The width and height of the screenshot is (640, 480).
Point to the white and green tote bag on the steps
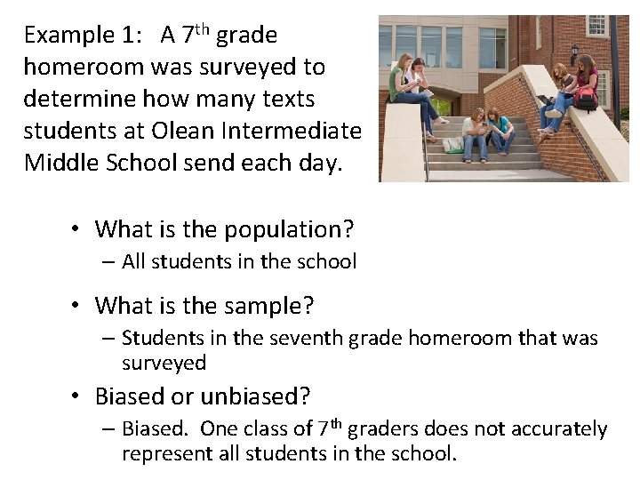[x=453, y=143]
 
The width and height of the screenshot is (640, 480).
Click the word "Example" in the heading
[x=61, y=36]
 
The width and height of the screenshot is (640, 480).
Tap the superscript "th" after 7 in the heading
[x=202, y=29]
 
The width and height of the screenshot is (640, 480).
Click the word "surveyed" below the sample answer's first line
[x=164, y=363]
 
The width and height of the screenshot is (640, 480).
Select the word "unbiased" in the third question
[x=255, y=396]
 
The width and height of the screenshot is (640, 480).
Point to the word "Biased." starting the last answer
[x=156, y=428]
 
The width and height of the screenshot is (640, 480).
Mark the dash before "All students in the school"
[x=108, y=262]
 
